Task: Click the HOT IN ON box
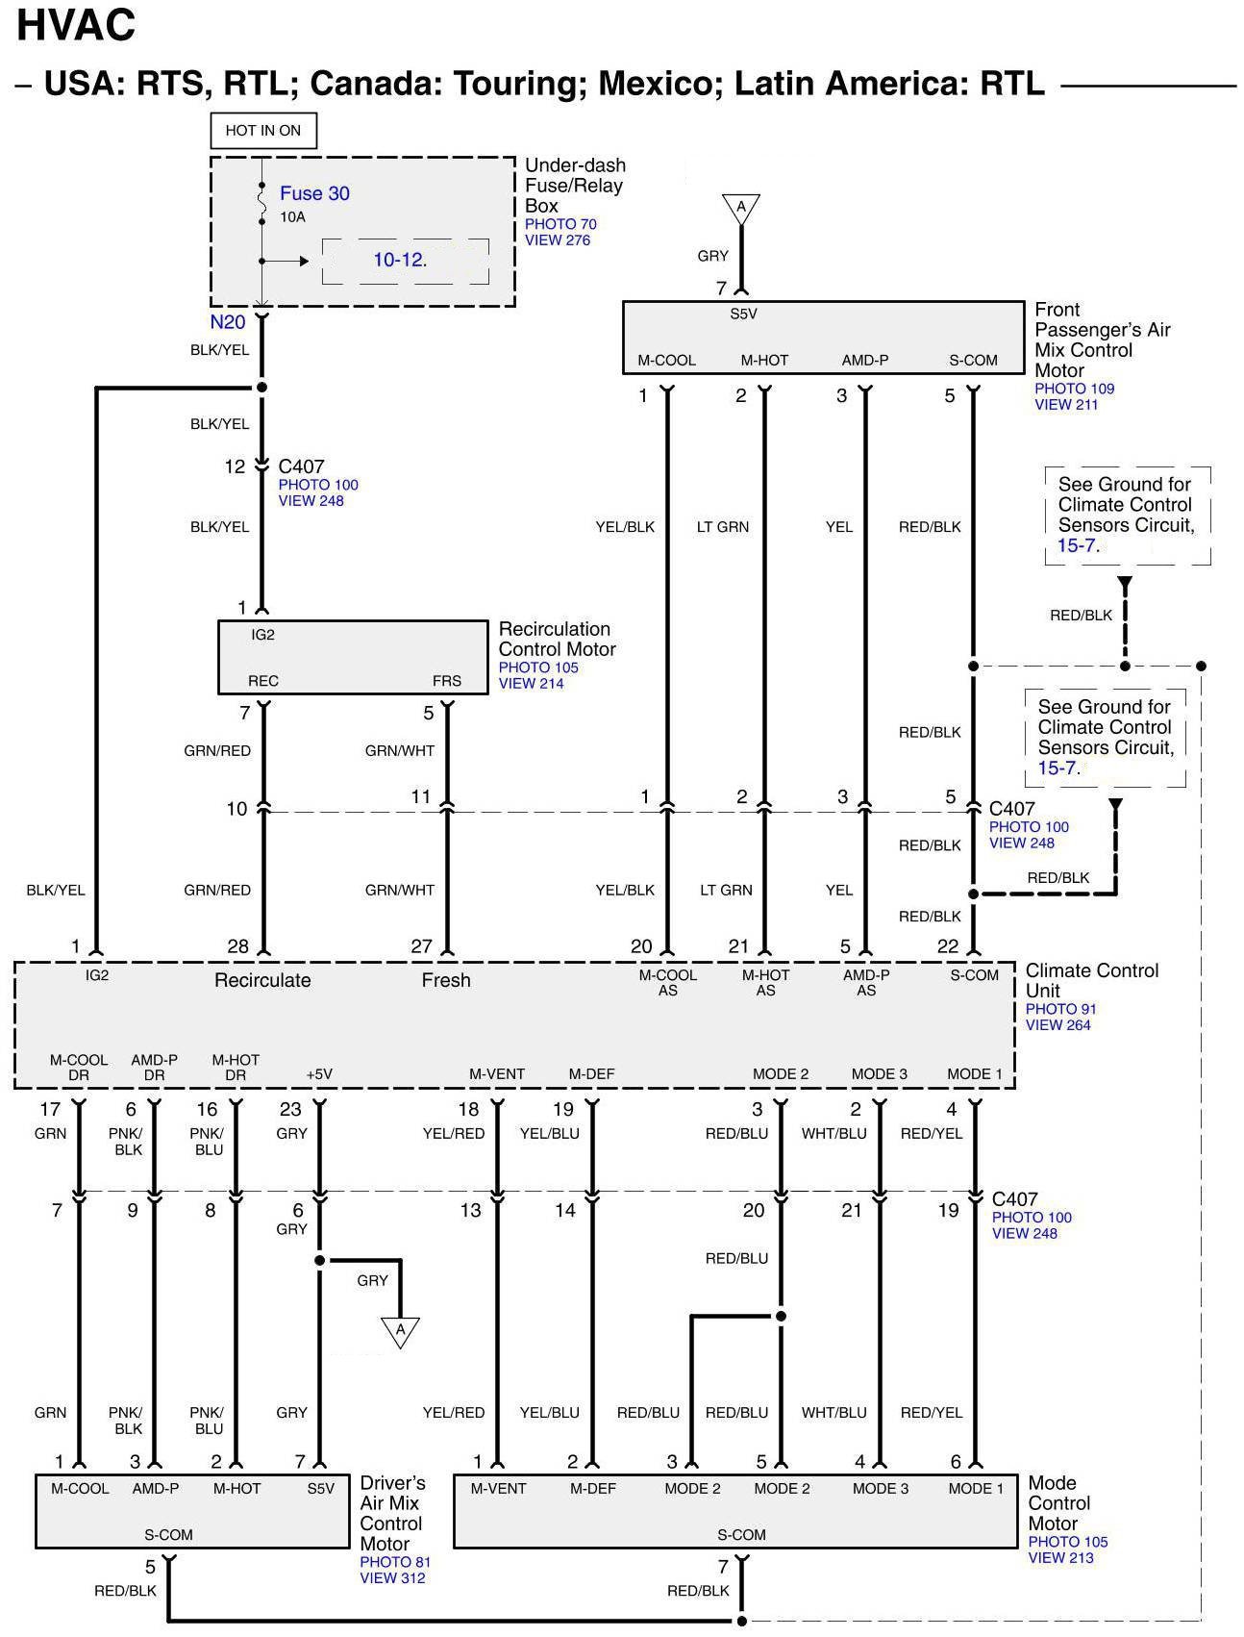[262, 131]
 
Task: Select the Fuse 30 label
[314, 193]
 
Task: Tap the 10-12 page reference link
[399, 260]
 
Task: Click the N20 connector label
[228, 322]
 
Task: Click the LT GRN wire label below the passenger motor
[722, 527]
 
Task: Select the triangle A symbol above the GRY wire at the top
[741, 208]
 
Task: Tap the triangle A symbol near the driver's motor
[400, 1331]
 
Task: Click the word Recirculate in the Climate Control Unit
[262, 980]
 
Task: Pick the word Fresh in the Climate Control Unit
[446, 980]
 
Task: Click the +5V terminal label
[319, 1074]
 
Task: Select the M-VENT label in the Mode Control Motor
[498, 1489]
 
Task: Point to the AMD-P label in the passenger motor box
[865, 361]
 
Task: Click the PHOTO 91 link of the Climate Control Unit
[1060, 1009]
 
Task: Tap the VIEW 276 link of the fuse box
[558, 240]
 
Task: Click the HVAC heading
[77, 26]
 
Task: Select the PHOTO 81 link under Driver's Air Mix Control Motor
[395, 1562]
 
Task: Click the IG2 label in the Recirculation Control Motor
[262, 635]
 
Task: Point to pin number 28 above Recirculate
[237, 946]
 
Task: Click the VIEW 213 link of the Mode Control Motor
[1060, 1558]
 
